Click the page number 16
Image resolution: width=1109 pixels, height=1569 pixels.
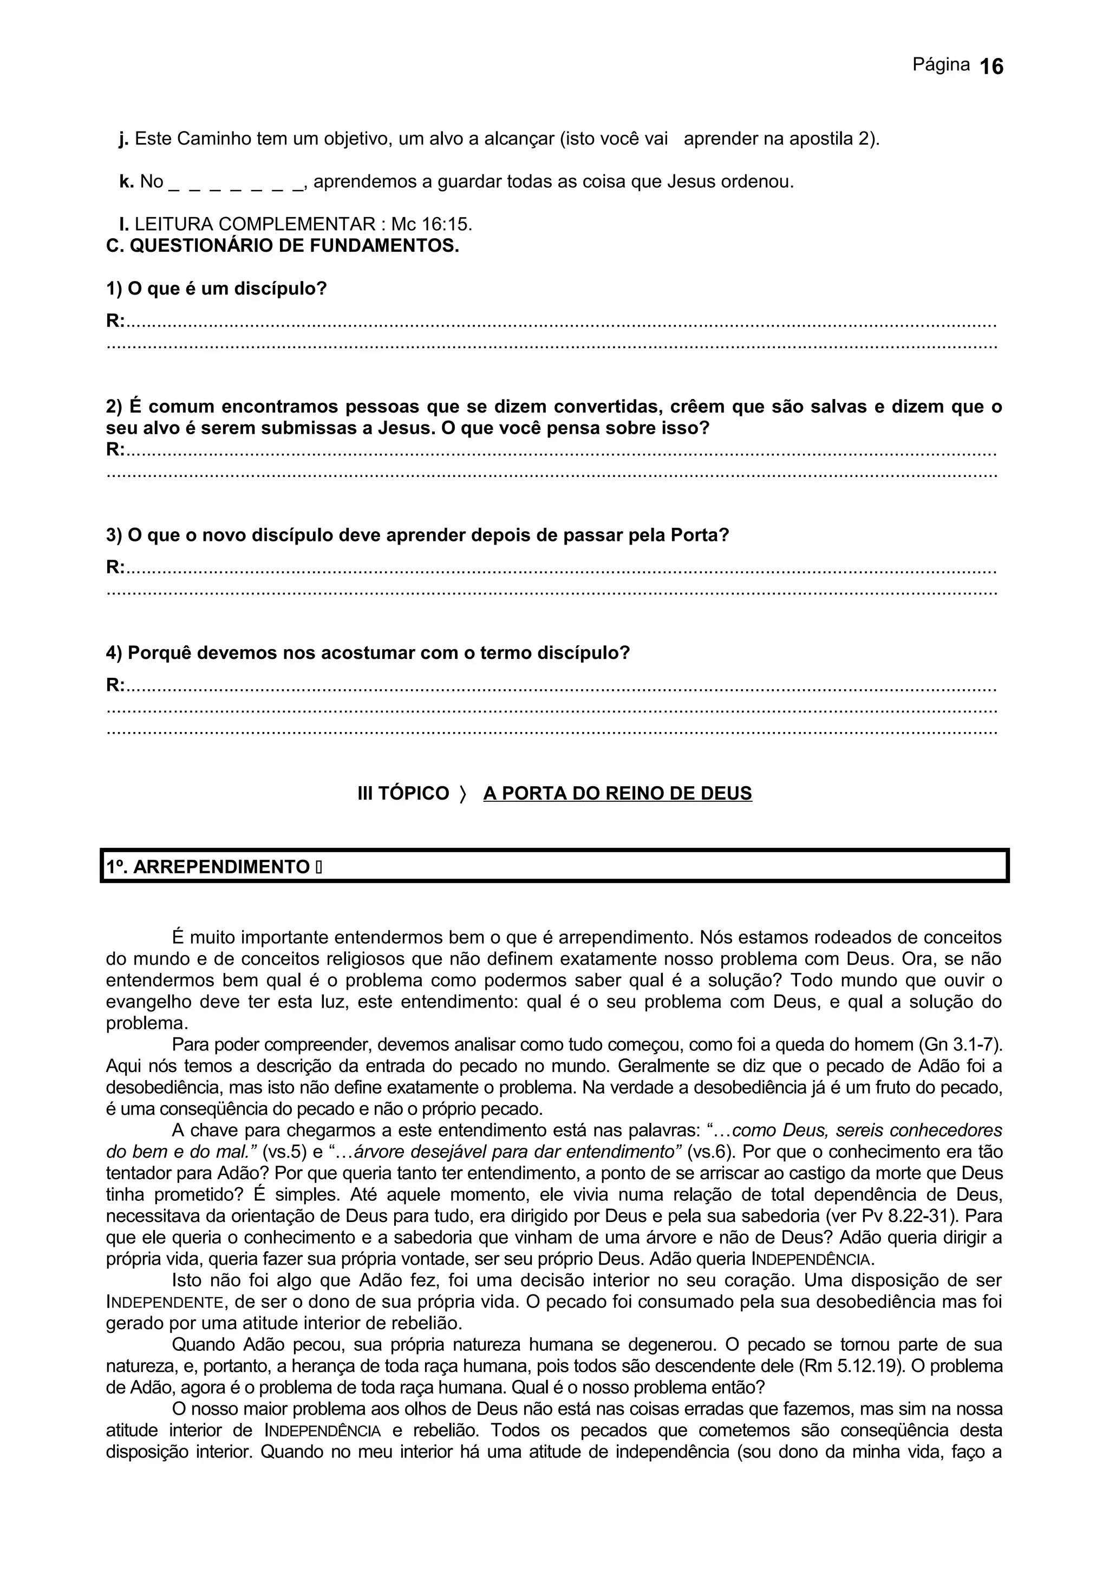(x=991, y=67)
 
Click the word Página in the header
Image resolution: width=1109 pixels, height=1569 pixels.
(x=941, y=65)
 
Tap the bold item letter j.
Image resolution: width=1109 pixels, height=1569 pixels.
(x=123, y=139)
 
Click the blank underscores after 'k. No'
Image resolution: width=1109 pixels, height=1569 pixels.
(x=235, y=183)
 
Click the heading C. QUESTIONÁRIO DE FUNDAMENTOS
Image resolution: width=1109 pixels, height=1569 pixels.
(x=282, y=246)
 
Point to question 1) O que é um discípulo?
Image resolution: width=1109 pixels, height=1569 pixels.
(x=217, y=289)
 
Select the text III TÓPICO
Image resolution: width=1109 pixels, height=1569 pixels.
(x=403, y=793)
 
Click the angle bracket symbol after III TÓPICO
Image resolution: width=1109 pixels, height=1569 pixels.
(x=462, y=793)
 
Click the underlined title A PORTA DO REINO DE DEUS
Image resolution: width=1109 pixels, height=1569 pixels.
(x=617, y=793)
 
